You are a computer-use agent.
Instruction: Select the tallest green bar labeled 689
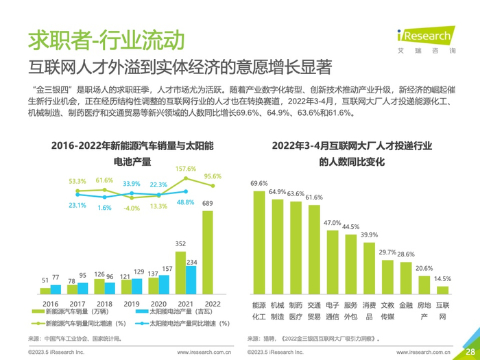pos(207,252)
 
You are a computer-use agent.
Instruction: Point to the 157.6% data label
pos(186,169)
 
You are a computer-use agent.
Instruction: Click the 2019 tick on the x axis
pos(131,304)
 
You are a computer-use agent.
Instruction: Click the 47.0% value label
pos(332,223)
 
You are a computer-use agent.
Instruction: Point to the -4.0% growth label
pos(131,208)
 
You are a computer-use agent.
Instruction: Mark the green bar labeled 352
pos(181,272)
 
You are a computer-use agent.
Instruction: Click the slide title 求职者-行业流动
pos(106,39)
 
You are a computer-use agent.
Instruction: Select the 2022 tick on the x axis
pos(213,304)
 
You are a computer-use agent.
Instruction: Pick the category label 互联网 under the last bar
pos(442,311)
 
